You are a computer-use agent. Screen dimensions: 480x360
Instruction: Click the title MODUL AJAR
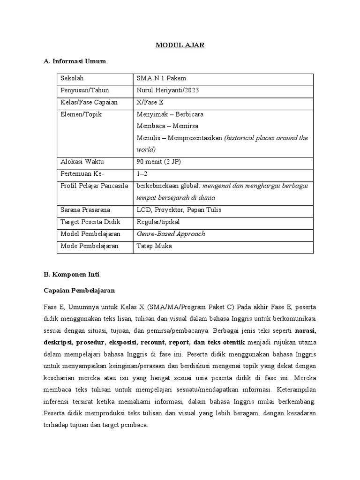pos(180,45)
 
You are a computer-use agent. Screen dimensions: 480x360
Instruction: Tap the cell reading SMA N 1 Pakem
pos(161,78)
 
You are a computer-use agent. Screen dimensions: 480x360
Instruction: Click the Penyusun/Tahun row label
pos(84,90)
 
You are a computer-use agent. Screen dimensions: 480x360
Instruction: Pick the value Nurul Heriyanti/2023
pos(167,90)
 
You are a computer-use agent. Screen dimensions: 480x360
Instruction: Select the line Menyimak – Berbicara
pos(170,114)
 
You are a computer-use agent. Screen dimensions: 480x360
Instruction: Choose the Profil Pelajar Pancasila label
pos(94,186)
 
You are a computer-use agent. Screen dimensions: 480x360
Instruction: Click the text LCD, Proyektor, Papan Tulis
pos(179,210)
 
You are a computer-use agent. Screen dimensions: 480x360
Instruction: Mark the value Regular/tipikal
pos(158,222)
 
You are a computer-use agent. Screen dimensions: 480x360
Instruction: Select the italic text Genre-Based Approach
pos(171,234)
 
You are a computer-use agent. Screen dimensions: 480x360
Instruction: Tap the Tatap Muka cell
pos(154,246)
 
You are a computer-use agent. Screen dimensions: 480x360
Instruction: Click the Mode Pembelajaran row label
pos(90,246)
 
